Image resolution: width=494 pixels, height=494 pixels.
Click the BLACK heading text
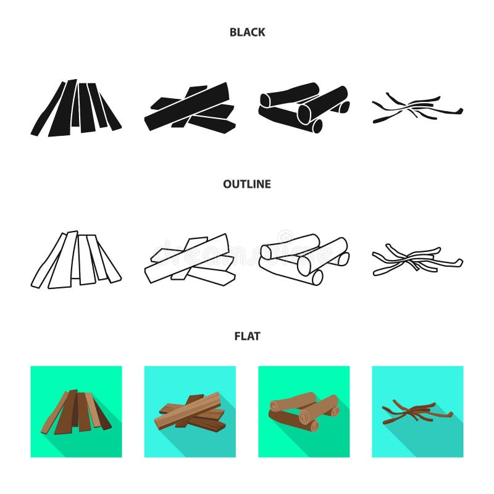click(247, 32)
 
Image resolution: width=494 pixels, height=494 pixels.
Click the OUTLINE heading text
click(247, 184)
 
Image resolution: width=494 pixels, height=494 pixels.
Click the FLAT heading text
click(247, 336)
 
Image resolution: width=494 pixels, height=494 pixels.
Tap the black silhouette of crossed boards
click(190, 108)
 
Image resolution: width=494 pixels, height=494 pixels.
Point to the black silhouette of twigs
click(417, 109)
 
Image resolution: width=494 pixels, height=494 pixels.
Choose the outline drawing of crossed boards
click(190, 260)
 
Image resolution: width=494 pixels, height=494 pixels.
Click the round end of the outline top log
click(266, 251)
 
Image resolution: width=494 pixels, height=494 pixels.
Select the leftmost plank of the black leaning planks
click(47, 111)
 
